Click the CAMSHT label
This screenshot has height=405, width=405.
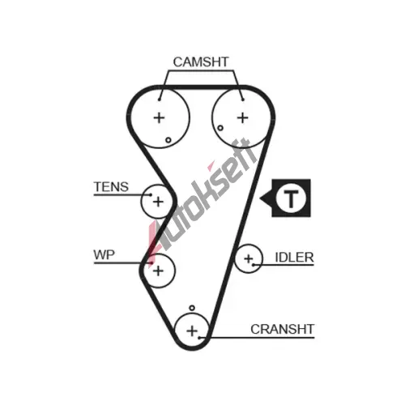click(x=201, y=62)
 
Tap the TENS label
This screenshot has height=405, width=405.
click(x=111, y=187)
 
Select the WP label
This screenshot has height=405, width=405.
click(x=104, y=254)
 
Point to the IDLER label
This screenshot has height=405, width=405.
click(x=294, y=258)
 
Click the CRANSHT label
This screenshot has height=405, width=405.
click(x=283, y=329)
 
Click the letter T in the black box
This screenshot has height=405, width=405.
click(x=291, y=198)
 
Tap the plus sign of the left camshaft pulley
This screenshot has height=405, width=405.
click(x=160, y=117)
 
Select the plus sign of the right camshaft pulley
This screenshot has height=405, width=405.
click(x=243, y=117)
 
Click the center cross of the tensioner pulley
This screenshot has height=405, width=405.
click(x=158, y=202)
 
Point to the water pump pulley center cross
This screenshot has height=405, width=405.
click(x=158, y=271)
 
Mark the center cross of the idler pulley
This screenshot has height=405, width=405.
click(x=249, y=259)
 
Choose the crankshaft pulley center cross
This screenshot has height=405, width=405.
click(x=192, y=330)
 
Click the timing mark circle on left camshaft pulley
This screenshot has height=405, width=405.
click(x=168, y=140)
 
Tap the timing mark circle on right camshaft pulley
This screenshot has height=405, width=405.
click(x=220, y=128)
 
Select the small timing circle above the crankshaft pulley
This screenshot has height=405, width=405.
click(x=192, y=308)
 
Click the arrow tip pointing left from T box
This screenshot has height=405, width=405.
click(x=260, y=198)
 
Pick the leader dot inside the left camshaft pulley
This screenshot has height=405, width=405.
click(x=160, y=100)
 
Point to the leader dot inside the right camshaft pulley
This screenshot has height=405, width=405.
click(x=243, y=100)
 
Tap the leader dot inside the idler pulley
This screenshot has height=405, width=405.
click(x=254, y=265)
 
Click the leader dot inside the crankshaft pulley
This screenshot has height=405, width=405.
click(x=199, y=338)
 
